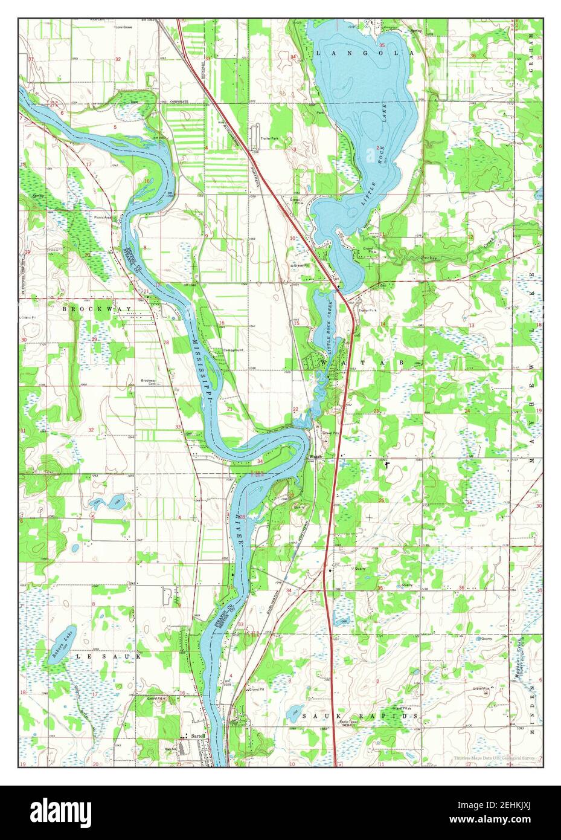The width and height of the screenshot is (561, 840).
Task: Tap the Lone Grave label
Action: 124,27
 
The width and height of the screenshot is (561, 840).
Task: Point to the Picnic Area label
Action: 103,217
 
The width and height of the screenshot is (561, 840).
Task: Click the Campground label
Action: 233,350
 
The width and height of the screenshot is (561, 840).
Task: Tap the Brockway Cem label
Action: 149,382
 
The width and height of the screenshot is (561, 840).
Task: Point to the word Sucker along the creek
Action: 430,258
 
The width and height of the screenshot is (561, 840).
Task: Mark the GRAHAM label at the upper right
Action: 533,45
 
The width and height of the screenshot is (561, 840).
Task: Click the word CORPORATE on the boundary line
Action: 179,102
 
